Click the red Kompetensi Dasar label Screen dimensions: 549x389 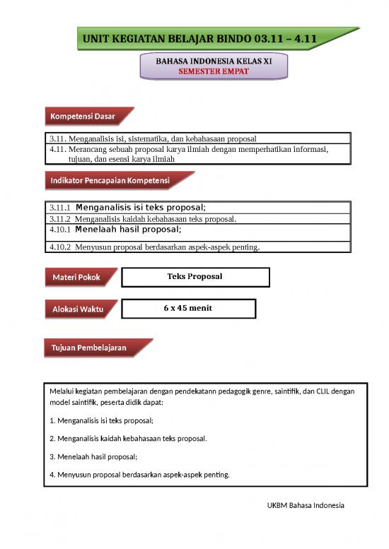[82, 116]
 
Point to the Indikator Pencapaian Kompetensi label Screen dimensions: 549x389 [110, 181]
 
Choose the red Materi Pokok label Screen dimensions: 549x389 [76, 278]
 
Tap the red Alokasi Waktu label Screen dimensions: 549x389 [77, 309]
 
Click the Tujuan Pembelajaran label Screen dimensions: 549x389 [88, 348]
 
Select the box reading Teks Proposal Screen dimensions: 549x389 [194, 276]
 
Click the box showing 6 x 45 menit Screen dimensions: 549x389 [188, 308]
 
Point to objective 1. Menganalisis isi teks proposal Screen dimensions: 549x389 [102, 420]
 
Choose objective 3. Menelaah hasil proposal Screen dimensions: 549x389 [93, 456]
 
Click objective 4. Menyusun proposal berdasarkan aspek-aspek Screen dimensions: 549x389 [139, 474]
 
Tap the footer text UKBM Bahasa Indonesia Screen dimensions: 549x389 [306, 506]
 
